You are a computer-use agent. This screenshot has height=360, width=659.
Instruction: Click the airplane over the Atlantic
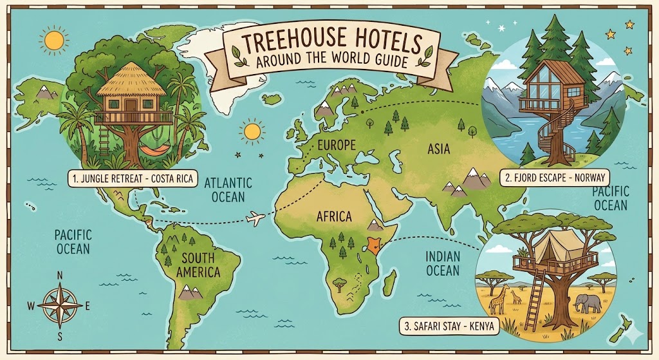256,219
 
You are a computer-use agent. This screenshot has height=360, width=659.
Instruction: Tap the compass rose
59,304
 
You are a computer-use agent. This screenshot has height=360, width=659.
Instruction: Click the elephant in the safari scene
588,303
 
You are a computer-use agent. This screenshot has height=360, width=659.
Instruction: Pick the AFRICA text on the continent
334,216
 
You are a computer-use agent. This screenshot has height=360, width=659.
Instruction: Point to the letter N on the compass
60,276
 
